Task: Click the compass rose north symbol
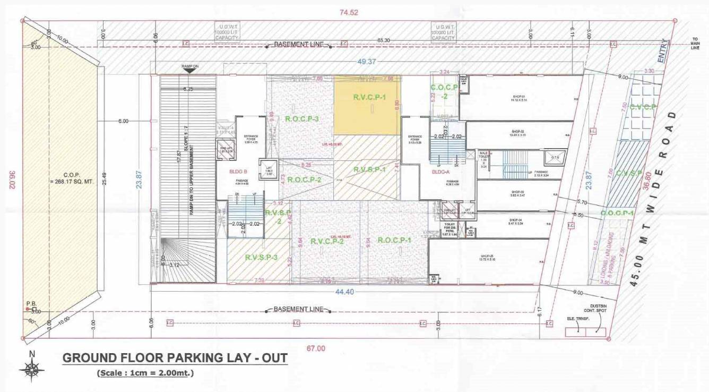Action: coord(32,367)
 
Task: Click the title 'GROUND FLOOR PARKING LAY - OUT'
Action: coord(175,358)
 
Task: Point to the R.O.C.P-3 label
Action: coord(301,118)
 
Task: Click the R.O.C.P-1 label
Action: coord(394,240)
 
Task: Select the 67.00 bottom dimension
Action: coord(315,348)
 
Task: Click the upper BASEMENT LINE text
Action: coord(298,44)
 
